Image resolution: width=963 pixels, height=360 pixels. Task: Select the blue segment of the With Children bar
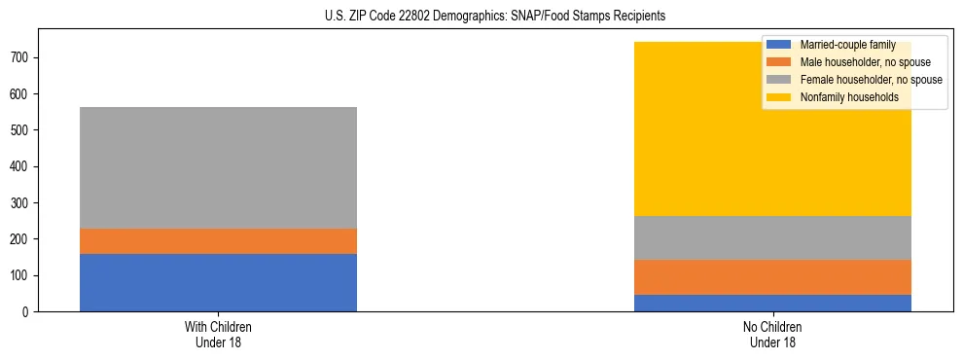point(218,282)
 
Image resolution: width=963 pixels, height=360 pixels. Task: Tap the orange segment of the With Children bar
point(218,241)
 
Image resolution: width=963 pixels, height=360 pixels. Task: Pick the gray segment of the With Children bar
point(218,167)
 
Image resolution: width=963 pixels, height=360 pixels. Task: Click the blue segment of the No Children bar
point(772,303)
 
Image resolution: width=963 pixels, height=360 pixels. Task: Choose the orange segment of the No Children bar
point(772,277)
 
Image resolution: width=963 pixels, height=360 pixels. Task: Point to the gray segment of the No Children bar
point(772,237)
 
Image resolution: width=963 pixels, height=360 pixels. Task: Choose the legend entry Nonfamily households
point(849,97)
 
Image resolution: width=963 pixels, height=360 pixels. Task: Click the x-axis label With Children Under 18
point(218,334)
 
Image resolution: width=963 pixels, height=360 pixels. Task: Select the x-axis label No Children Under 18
point(772,334)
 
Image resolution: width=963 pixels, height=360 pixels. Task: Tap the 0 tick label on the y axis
point(28,311)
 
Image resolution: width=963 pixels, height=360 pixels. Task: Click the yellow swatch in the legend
point(779,97)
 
